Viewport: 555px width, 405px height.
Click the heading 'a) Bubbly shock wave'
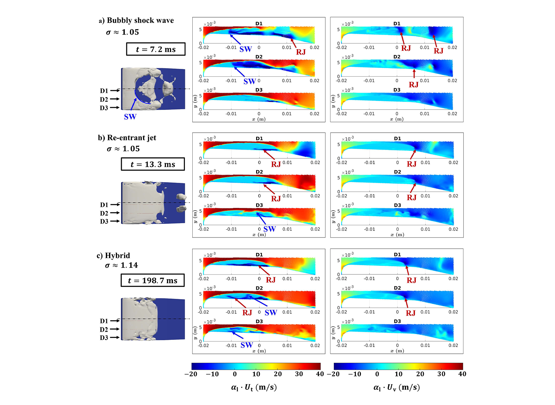(x=136, y=20)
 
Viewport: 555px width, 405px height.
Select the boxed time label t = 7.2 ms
(x=156, y=49)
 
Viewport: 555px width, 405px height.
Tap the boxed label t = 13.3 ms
(x=153, y=165)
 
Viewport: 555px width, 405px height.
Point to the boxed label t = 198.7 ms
(x=153, y=281)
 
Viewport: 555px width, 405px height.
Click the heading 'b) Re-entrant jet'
(x=127, y=138)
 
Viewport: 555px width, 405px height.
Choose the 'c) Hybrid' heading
(x=113, y=255)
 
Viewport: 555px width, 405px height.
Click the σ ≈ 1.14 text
(x=121, y=265)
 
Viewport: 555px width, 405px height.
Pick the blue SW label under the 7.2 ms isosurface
(x=130, y=117)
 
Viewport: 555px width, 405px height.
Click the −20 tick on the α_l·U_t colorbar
(x=191, y=374)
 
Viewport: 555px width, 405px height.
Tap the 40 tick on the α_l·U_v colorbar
(x=462, y=374)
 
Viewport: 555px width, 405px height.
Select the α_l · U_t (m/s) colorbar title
(x=254, y=387)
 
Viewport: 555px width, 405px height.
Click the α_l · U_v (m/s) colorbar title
(x=397, y=387)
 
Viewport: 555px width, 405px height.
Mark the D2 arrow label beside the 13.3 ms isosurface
(x=104, y=213)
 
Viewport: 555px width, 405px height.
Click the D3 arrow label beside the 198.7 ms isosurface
(x=104, y=338)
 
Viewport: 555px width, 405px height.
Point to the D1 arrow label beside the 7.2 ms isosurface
(x=104, y=91)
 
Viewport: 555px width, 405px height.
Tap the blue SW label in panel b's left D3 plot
(x=269, y=229)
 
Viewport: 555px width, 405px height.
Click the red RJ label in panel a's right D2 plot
(x=414, y=84)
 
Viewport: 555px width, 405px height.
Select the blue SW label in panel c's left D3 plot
(x=247, y=345)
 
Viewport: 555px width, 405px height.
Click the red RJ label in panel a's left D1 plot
(x=301, y=52)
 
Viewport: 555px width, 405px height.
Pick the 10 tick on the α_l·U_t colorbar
(x=256, y=374)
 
